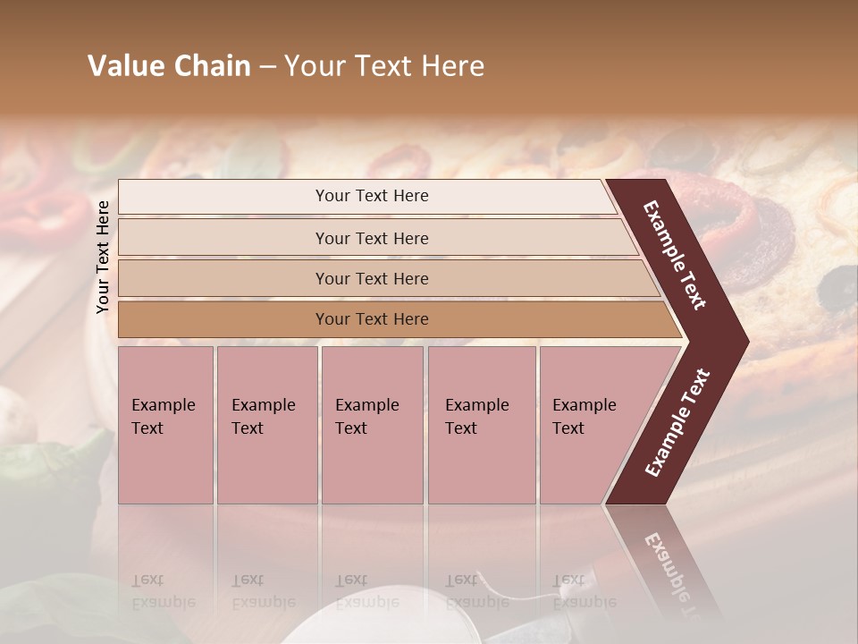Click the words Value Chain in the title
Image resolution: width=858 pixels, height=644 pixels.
(x=169, y=66)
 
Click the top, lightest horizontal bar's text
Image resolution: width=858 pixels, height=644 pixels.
(x=372, y=196)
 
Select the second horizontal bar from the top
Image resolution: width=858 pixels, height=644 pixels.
(x=372, y=238)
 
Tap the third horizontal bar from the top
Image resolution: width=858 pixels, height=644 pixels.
(x=372, y=278)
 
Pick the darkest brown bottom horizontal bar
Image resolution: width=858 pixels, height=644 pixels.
(x=372, y=319)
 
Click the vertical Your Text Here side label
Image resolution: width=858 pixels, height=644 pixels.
(x=103, y=257)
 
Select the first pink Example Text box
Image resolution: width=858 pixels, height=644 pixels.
(x=165, y=424)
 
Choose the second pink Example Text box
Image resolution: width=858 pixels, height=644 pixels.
(x=266, y=424)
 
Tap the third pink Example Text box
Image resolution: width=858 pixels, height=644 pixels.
(x=371, y=424)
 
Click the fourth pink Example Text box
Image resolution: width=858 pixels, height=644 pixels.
(x=481, y=424)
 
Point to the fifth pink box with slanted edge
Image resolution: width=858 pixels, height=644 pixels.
(x=590, y=424)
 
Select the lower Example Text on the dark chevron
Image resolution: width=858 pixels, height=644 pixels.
(x=677, y=423)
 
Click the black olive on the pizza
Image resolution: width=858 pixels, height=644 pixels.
(x=838, y=286)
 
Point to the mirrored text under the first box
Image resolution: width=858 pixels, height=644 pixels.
(x=164, y=591)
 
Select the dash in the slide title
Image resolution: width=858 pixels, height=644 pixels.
(x=267, y=67)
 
